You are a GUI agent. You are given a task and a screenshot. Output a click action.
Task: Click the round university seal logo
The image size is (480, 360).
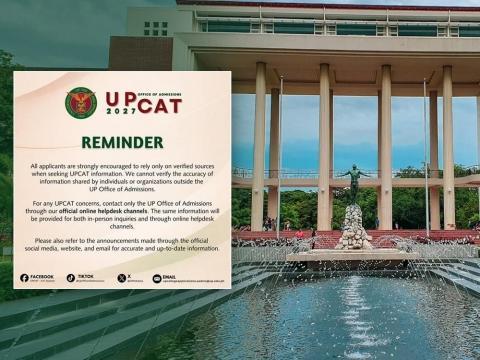pyautogui.click(x=81, y=102)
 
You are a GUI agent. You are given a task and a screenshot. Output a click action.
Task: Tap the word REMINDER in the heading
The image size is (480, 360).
pyautogui.click(x=122, y=142)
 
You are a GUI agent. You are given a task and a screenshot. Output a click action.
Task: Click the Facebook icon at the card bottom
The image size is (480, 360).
pyautogui.click(x=24, y=278)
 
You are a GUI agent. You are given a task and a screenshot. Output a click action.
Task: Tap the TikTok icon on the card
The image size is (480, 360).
pyautogui.click(x=71, y=278)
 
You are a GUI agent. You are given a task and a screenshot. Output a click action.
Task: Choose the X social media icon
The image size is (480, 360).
pyautogui.click(x=121, y=278)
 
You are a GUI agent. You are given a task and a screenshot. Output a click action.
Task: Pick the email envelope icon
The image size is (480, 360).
pyautogui.click(x=156, y=278)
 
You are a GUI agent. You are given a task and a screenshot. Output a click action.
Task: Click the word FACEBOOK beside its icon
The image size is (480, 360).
pyautogui.click(x=42, y=276)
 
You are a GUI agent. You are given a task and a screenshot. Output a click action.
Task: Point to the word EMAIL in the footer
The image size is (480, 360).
pyautogui.click(x=170, y=276)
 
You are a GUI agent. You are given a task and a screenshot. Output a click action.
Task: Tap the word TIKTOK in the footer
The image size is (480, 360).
pyautogui.click(x=86, y=276)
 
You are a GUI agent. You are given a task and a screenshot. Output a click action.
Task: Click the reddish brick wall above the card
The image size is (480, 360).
pyautogui.click(x=140, y=53)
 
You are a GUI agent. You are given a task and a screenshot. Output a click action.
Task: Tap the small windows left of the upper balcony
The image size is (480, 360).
pyautogui.click(x=155, y=28)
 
